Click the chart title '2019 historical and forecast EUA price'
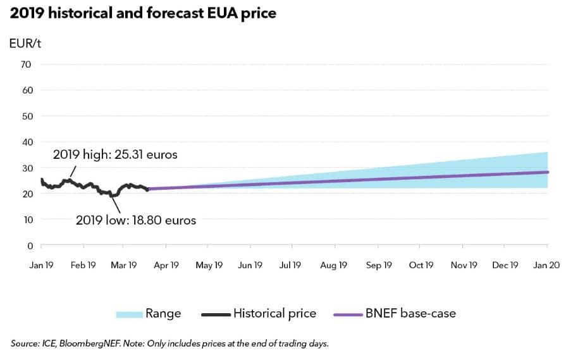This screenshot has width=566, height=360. (x=143, y=13)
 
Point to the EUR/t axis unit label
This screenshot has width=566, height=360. (x=25, y=44)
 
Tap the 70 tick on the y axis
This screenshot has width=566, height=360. (x=27, y=65)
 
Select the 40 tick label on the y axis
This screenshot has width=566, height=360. (x=27, y=142)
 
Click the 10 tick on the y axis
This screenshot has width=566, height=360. (x=27, y=220)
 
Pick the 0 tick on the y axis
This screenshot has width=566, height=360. (x=29, y=245)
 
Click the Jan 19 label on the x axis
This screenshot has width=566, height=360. (x=41, y=266)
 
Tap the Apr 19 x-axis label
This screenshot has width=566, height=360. (x=166, y=266)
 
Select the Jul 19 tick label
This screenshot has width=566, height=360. (x=290, y=266)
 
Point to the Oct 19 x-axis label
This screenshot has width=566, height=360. (x=421, y=266)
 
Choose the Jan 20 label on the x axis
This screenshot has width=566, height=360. (x=546, y=266)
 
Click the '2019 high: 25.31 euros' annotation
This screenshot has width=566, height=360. (x=107, y=154)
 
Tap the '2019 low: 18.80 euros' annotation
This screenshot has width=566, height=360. (x=135, y=221)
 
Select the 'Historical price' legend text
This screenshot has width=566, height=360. (x=274, y=313)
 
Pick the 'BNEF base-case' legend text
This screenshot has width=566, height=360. (x=410, y=313)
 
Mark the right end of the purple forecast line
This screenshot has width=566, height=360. (x=548, y=172)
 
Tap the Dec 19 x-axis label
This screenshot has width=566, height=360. (x=505, y=266)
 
